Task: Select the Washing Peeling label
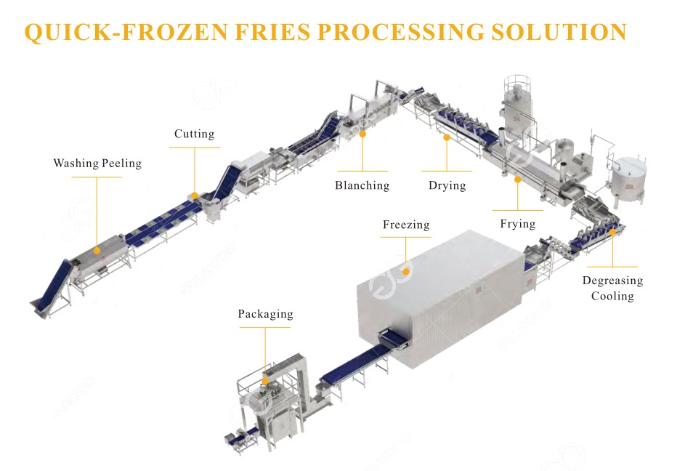97,164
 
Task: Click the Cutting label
194,134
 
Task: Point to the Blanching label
362,185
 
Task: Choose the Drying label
447,185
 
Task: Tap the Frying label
517,224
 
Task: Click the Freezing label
406,225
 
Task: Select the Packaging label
265,314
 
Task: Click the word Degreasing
612,281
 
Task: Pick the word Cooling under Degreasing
612,296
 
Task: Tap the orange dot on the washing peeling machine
97,249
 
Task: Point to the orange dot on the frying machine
517,178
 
